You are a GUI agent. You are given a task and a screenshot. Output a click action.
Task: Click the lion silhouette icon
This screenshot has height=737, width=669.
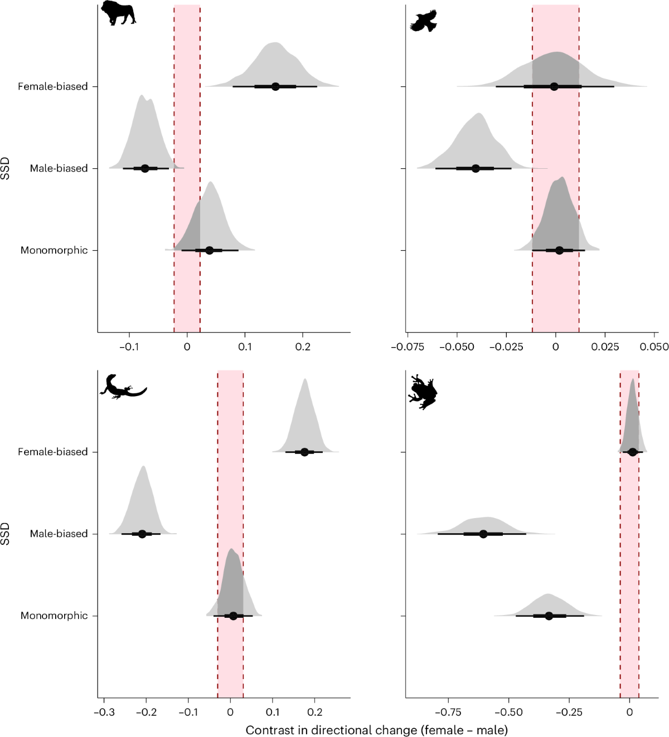pos(118,13)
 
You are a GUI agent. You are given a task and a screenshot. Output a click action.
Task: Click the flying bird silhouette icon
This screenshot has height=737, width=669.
pos(424,21)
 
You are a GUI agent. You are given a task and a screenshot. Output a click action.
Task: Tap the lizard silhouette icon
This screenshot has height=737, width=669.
pos(122,387)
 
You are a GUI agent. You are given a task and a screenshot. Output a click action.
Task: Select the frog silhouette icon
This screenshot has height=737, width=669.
pos(423,392)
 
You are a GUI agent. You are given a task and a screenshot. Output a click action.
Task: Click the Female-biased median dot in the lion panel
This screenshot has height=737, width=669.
pos(275,86)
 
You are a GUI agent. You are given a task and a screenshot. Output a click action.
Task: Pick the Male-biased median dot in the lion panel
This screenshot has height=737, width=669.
pos(145,168)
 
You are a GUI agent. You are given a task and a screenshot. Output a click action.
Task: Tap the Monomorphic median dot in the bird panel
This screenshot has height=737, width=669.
pos(559,250)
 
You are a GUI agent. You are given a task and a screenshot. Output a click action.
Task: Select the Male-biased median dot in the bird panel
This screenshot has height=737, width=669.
pos(476,168)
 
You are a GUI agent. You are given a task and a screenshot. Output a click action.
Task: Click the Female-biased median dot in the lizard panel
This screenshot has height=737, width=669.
pos(304,452)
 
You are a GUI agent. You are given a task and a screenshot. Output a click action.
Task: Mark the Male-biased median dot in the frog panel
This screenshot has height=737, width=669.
pos(483,534)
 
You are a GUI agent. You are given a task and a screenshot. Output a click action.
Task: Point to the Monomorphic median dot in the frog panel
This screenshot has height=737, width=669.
pos(549,616)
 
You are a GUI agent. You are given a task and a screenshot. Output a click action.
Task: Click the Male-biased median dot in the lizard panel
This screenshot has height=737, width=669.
pos(142,534)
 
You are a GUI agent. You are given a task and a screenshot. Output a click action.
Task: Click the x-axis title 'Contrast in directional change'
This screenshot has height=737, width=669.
pos(376,730)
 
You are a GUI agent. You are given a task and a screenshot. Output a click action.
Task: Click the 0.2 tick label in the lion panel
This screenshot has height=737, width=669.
pos(303,346)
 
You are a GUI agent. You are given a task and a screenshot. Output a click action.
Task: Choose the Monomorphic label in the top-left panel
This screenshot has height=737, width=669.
pos(54,250)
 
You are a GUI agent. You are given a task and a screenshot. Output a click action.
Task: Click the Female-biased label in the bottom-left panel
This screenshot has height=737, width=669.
pos(52,452)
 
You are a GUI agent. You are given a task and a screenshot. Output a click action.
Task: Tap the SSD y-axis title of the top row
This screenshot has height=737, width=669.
pos(6,168)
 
